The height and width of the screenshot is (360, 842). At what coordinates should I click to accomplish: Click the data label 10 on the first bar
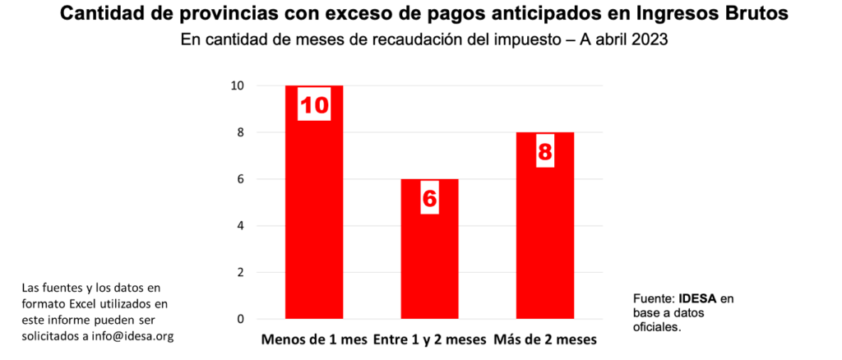[x=314, y=105]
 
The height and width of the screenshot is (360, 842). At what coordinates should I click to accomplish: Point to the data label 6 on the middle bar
[x=430, y=198]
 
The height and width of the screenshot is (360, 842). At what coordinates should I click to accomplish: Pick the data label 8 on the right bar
[x=545, y=151]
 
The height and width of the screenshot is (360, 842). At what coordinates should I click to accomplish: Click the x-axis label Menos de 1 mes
[x=314, y=339]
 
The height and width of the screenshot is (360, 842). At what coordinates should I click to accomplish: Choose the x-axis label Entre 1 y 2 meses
[x=429, y=339]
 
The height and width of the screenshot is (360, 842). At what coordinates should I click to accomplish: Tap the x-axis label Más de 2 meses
[x=545, y=339]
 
